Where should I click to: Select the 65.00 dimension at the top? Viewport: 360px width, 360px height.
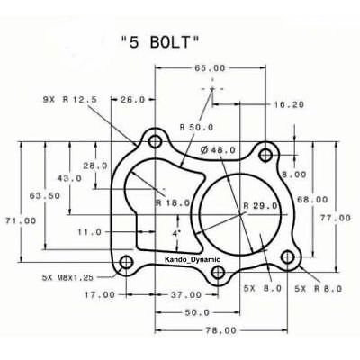coord(208,68)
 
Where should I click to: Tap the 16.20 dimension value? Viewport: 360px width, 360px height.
coord(288,105)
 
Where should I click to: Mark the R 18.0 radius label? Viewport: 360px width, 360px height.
coord(172,203)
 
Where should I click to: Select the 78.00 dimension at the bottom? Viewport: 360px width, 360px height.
coord(221,329)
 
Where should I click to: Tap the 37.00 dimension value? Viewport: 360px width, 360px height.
coord(185,294)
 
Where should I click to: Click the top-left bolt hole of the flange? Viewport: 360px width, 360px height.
coord(155,141)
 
